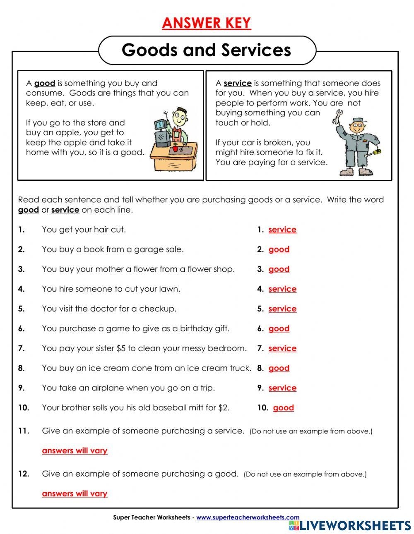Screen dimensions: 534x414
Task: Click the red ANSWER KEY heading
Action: (x=206, y=23)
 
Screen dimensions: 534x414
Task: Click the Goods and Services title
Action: (x=206, y=50)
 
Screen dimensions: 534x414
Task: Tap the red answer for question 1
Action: (x=282, y=230)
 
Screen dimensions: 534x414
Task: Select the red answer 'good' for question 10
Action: (x=283, y=408)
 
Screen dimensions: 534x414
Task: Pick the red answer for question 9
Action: (x=282, y=388)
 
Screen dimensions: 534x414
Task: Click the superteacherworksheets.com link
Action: (x=248, y=517)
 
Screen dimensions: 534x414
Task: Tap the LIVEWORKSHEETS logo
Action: (x=350, y=525)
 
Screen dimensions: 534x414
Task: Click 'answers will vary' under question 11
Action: (x=75, y=451)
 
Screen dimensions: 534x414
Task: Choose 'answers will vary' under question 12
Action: (x=75, y=494)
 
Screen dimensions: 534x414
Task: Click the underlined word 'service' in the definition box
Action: (x=237, y=83)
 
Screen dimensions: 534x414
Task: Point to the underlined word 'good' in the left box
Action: (x=44, y=83)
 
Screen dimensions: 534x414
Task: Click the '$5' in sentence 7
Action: (x=121, y=348)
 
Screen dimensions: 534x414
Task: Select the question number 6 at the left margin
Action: (x=22, y=329)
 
